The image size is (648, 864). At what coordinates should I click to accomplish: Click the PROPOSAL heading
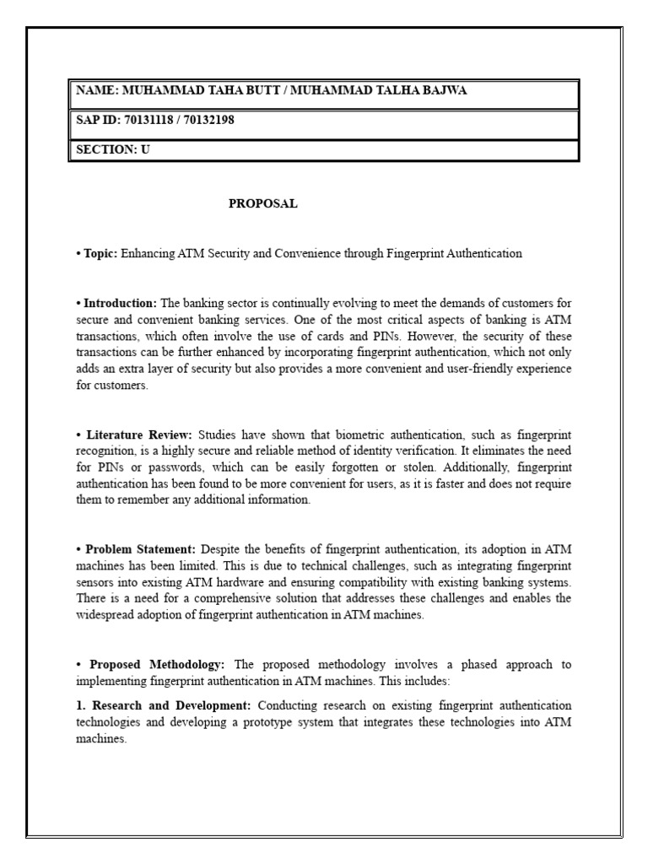(x=263, y=203)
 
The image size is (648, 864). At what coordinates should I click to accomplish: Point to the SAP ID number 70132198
(x=207, y=121)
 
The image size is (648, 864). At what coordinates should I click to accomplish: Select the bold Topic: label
(x=101, y=253)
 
